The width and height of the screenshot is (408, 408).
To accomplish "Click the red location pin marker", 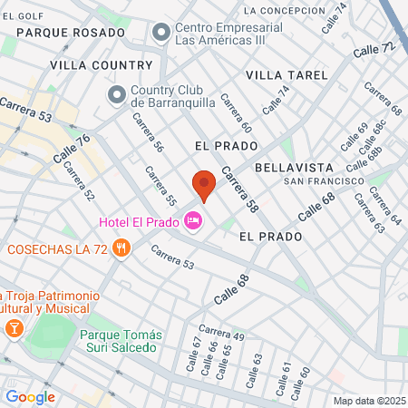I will (x=204, y=185).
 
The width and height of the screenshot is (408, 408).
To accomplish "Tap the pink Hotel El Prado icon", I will (x=192, y=220).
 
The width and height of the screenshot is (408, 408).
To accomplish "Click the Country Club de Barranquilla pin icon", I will (x=116, y=94).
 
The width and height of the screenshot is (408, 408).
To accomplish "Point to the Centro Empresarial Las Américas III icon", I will (x=161, y=34).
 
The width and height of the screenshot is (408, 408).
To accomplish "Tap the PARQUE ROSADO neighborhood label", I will (x=70, y=33).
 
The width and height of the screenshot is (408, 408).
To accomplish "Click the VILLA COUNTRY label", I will (x=102, y=65).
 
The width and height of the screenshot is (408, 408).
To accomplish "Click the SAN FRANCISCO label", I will (x=316, y=181).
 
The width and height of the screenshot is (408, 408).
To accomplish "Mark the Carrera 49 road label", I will (x=221, y=333).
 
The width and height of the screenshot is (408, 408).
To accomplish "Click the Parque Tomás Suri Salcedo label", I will (x=119, y=341).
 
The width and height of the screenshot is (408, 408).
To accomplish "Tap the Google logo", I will (x=30, y=396).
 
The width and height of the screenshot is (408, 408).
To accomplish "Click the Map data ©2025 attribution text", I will (x=367, y=401).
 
